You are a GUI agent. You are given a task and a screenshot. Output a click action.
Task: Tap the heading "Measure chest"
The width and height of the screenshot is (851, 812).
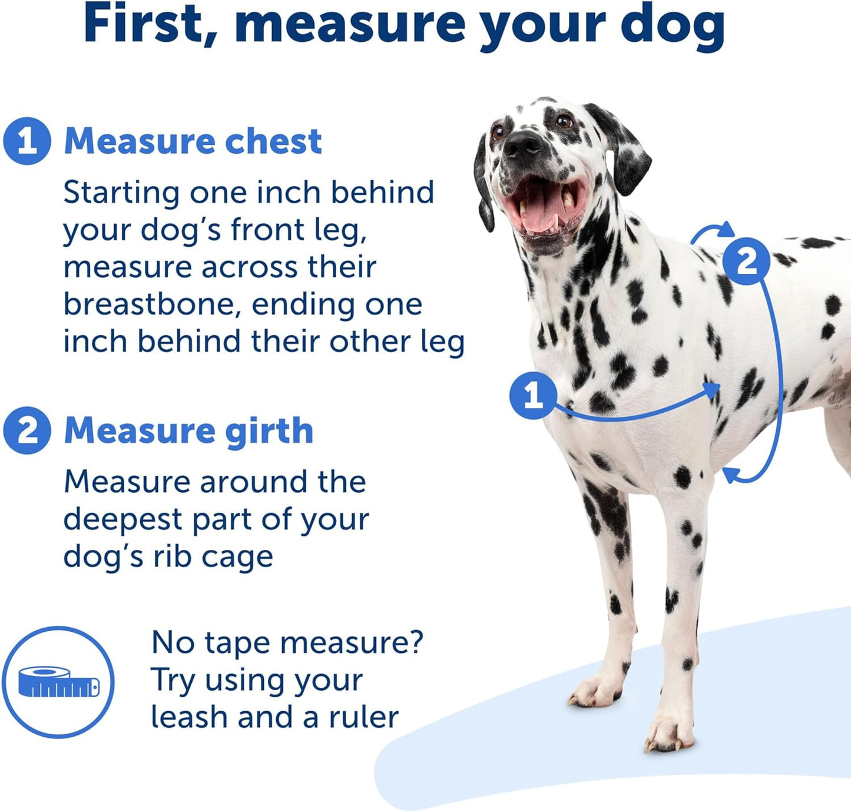[193, 141]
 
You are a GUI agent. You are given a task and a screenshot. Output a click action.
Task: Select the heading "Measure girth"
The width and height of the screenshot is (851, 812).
[188, 430]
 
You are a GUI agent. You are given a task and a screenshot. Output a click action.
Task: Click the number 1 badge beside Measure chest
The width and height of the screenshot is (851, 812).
[27, 141]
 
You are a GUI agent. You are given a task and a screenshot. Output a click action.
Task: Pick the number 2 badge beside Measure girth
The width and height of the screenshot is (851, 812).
[27, 430]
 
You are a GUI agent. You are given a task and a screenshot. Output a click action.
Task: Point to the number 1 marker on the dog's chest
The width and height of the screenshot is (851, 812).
[533, 395]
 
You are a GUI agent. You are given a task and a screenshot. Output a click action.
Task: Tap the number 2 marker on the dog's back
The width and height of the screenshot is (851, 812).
[746, 261]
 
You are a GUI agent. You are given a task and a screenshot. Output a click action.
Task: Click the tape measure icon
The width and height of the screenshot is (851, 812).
[58, 682]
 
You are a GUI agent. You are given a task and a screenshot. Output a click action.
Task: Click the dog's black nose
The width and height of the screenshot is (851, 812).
[522, 143]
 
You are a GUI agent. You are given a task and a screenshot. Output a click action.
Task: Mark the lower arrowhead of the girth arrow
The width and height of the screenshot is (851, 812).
[730, 474]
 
